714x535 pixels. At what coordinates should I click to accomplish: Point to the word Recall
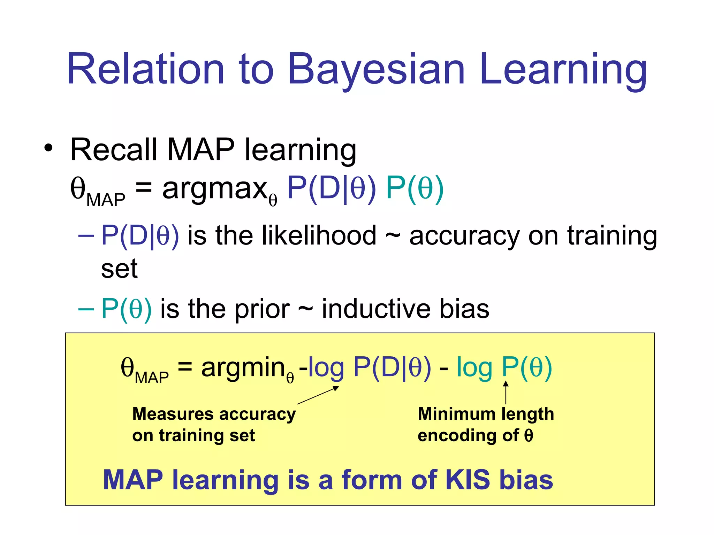pos(114,150)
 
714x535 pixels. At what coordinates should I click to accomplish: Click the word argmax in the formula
pos(215,189)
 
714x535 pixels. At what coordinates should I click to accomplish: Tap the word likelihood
pos(319,236)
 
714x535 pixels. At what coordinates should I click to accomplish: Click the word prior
pos(262,310)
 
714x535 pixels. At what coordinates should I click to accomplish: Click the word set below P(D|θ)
pos(119,269)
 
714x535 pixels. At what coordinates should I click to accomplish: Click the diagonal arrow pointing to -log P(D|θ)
pos(318,395)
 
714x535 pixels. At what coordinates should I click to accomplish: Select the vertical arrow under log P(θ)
pos(506,393)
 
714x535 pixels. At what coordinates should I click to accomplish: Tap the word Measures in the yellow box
pos(173,414)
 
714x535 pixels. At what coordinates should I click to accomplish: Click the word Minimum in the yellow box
pos(456,414)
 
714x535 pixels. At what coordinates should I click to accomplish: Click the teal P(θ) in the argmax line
pos(415,188)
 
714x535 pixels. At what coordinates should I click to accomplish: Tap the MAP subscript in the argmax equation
pos(106,200)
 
